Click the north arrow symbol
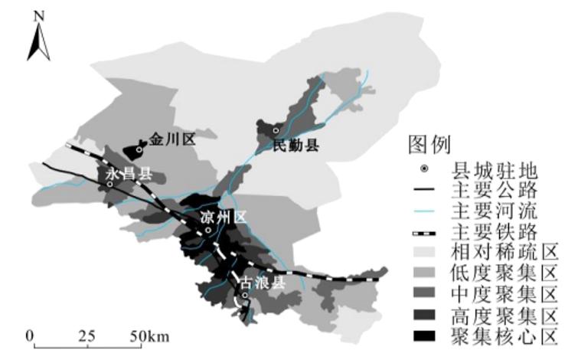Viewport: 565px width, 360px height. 39,41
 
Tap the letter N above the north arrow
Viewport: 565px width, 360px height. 39,15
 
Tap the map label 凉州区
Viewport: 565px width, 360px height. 224,218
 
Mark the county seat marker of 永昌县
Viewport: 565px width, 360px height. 110,184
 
